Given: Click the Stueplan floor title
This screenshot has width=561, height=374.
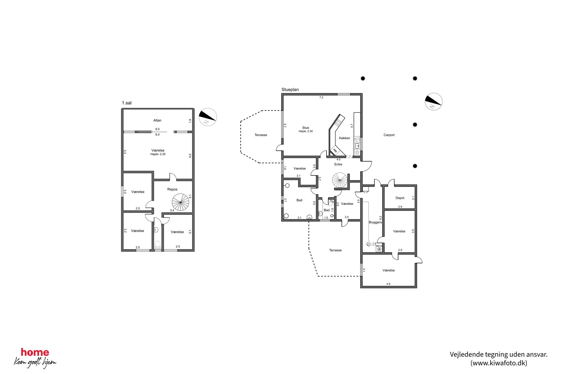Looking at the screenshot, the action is [290, 90].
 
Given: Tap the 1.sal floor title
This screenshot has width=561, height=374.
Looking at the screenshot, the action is [127, 103].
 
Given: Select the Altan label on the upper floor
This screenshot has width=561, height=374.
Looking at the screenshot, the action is [157, 120].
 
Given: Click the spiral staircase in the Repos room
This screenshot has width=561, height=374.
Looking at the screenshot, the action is [180, 202].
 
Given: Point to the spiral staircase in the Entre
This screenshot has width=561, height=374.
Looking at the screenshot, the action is [340, 180].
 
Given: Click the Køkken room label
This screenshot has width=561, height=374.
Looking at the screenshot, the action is [344, 138].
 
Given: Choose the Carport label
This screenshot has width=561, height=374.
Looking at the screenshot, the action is [389, 135].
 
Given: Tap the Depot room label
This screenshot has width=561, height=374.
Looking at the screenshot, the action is [400, 198].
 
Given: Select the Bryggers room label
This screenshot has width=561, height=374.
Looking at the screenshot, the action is [375, 222].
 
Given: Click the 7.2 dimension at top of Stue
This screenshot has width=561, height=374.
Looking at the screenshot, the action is [321, 98].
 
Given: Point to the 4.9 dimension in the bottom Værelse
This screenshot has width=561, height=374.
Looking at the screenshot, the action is [388, 284].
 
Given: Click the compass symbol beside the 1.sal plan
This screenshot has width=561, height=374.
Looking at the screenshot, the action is [208, 117].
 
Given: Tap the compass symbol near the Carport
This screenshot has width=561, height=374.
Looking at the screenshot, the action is [433, 102].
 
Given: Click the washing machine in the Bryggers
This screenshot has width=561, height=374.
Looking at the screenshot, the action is [379, 249].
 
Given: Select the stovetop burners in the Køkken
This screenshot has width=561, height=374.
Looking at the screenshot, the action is [338, 122].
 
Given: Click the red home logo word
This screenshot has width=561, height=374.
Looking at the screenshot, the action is [35, 352].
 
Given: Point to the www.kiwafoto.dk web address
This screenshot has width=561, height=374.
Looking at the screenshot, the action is [499, 363].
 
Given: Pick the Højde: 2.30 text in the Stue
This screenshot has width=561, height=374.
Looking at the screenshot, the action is [306, 131].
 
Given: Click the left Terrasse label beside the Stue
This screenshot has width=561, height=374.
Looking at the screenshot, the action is [261, 135].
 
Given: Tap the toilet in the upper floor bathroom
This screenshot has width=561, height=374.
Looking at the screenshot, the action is [158, 245].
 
